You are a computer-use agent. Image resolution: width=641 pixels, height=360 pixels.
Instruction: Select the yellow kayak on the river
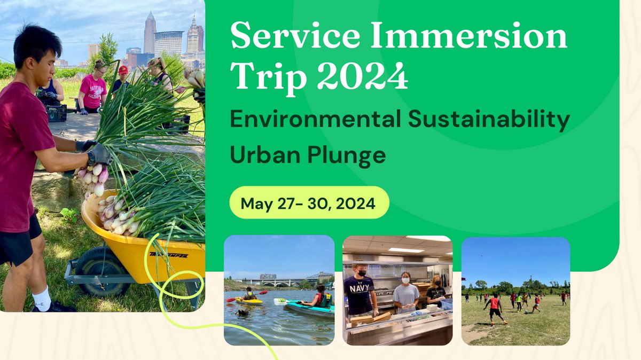coord(249,300)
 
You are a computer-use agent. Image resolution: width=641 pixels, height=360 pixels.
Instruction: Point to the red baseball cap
coord(123,70)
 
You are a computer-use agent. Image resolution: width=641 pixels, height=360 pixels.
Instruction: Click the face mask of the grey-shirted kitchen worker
coord(405,280)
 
